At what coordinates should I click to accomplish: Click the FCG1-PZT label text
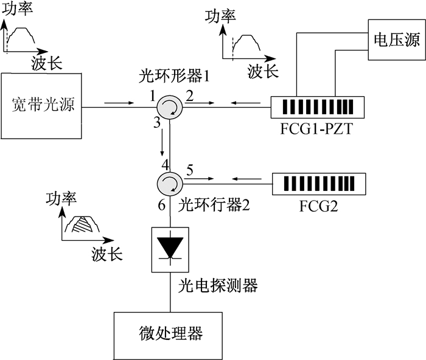pos(316,129)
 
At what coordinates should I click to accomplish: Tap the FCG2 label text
pos(318,206)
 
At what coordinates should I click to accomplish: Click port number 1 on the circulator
pos(152,96)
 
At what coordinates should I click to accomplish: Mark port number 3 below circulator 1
pos(157,123)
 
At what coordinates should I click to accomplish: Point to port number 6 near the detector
pos(162,205)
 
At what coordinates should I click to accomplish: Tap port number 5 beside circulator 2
pos(190,170)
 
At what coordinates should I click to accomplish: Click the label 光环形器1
pos(174,76)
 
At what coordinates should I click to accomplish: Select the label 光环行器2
pos(214,204)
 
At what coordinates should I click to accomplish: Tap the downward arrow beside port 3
pos(162,142)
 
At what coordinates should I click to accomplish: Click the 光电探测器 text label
pos(218,286)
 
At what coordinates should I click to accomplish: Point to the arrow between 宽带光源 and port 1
pos(119,103)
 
